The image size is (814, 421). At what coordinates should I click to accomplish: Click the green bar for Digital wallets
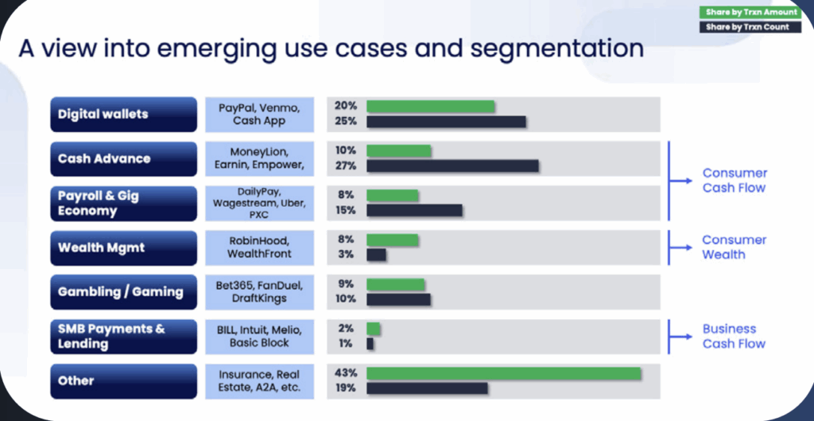point(430,106)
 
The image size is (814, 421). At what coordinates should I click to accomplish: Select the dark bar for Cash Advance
point(452,166)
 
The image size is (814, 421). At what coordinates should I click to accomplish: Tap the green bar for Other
point(503,373)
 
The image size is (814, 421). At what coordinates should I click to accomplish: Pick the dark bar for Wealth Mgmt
point(376,255)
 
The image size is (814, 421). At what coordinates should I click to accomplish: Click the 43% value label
point(346,373)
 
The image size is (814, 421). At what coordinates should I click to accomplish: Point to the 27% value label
point(346,166)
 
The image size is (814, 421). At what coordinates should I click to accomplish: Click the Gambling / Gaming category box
point(123,292)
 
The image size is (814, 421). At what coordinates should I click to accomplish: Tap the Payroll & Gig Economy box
point(123,203)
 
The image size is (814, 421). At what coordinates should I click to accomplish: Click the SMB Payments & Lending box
point(123,337)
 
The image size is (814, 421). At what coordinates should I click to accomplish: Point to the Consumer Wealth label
point(734,248)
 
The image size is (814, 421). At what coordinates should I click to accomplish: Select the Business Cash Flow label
point(734,336)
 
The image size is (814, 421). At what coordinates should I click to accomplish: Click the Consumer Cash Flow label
point(734,181)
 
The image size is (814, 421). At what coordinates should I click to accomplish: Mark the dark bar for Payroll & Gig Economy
point(414,210)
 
